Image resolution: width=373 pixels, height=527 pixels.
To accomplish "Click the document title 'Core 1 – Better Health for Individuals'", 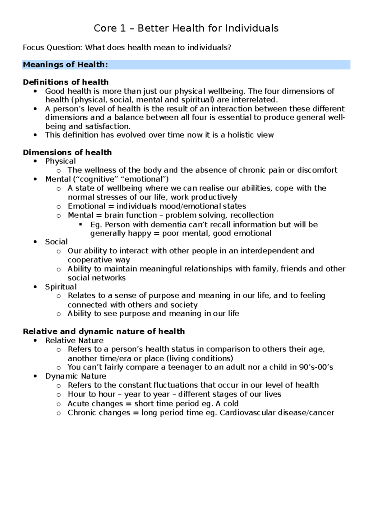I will [x=186, y=28].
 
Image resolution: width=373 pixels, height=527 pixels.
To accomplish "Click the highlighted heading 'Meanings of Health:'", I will [x=65, y=65].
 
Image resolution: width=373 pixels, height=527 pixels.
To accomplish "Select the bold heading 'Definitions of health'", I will [x=66, y=82].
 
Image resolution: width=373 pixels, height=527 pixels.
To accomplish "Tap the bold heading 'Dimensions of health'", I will [x=67, y=152].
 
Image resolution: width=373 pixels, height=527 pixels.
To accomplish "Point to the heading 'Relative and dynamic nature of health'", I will [x=104, y=331].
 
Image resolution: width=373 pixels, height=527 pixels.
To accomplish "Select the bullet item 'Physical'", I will [x=60, y=161].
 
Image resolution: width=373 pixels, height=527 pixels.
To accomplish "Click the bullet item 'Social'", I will [x=56, y=242].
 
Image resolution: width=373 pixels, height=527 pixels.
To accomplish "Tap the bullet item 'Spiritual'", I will [x=61, y=287].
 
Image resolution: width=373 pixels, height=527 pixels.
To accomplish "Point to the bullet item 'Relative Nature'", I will [x=74, y=340].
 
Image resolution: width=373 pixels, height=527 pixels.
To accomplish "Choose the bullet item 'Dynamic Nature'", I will [x=76, y=376].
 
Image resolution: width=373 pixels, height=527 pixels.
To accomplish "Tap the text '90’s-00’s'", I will [x=316, y=367].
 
